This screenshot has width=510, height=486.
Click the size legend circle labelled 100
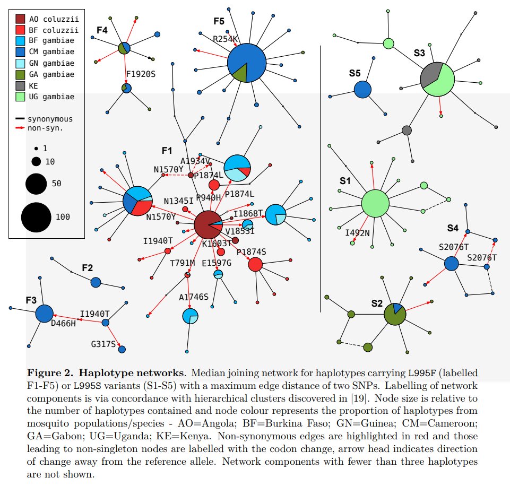coord(36,217)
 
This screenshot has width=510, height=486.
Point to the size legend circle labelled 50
coord(36,184)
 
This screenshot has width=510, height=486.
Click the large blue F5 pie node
coord(246,63)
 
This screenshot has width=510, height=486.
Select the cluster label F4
coord(102,30)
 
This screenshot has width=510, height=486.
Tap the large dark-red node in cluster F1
coord(208,225)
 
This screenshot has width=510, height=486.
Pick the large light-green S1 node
coord(375,204)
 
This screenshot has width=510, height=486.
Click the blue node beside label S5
coord(362,89)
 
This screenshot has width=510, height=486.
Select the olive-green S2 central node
coord(395,315)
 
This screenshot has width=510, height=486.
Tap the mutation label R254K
coord(226,39)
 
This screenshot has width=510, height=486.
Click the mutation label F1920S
coord(141,74)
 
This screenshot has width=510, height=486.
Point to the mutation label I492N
coord(358,232)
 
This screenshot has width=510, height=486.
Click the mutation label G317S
coord(103,344)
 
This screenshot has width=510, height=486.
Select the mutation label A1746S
coord(194,297)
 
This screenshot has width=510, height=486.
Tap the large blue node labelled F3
coord(44,314)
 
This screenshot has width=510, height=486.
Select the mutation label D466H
coord(63,323)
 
